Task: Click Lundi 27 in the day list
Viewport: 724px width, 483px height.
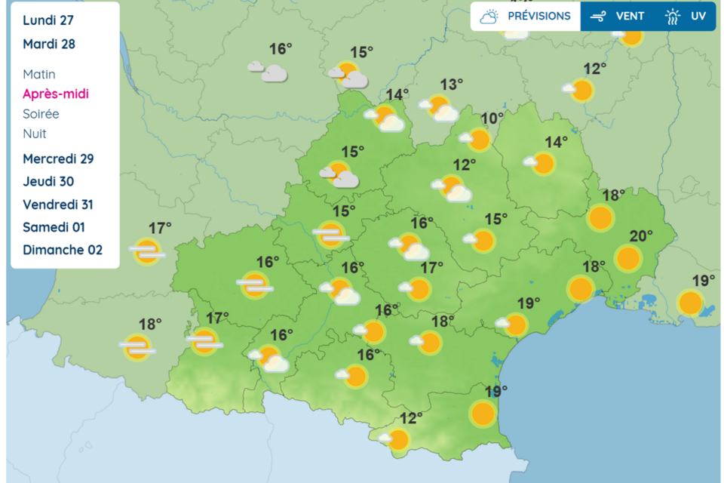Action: [x=48, y=20]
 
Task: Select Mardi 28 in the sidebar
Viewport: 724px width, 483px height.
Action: [x=49, y=44]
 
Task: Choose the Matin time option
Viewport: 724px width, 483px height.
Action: [x=39, y=74]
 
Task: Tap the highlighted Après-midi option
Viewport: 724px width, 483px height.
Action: [x=56, y=94]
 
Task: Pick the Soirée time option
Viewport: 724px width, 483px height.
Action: [x=41, y=114]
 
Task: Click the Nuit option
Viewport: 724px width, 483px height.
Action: [x=35, y=134]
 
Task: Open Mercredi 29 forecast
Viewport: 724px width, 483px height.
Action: [x=58, y=158]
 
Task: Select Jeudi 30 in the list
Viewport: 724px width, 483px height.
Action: [x=48, y=181]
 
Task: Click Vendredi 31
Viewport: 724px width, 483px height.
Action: [x=58, y=205]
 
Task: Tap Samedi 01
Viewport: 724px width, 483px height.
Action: [x=54, y=227]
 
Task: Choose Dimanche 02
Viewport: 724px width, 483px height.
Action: [x=63, y=250]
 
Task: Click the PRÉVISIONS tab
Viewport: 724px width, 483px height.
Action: [x=526, y=16]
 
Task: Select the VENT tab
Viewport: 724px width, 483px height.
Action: [x=618, y=16]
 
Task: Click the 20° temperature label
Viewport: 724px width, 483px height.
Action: [x=641, y=236]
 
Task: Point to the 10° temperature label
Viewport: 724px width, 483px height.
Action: [x=492, y=118]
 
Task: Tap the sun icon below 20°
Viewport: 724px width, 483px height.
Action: [x=628, y=258]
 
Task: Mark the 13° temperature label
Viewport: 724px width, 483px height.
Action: [x=452, y=85]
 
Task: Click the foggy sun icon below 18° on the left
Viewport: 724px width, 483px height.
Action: [x=137, y=347]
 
